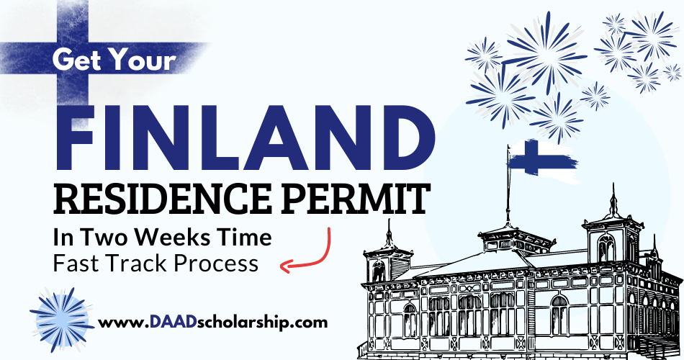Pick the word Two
click(108, 238)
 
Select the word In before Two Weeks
click(66, 238)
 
